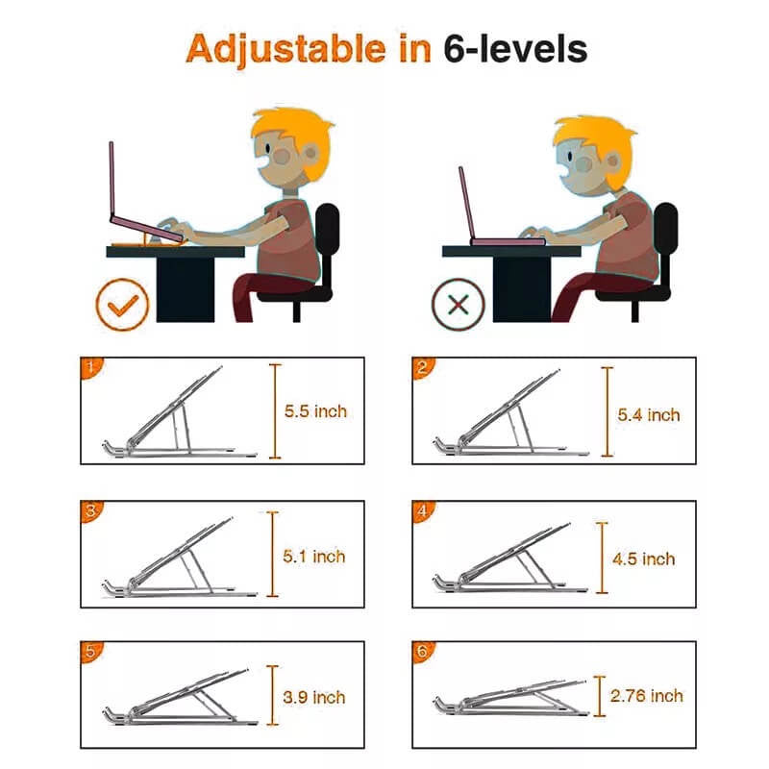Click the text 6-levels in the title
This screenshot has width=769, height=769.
tap(515, 48)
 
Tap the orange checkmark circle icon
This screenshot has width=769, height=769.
tap(122, 305)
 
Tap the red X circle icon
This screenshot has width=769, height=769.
tap(459, 305)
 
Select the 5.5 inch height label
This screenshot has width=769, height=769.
tap(315, 411)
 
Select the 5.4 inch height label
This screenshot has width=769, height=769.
tap(649, 415)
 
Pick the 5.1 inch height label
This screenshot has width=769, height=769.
tap(315, 556)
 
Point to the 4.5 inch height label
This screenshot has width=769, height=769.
tap(644, 558)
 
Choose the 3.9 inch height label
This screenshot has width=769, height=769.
tap(315, 697)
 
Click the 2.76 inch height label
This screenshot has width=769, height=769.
tap(646, 696)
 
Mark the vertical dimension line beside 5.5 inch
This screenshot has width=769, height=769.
tap(275, 410)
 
